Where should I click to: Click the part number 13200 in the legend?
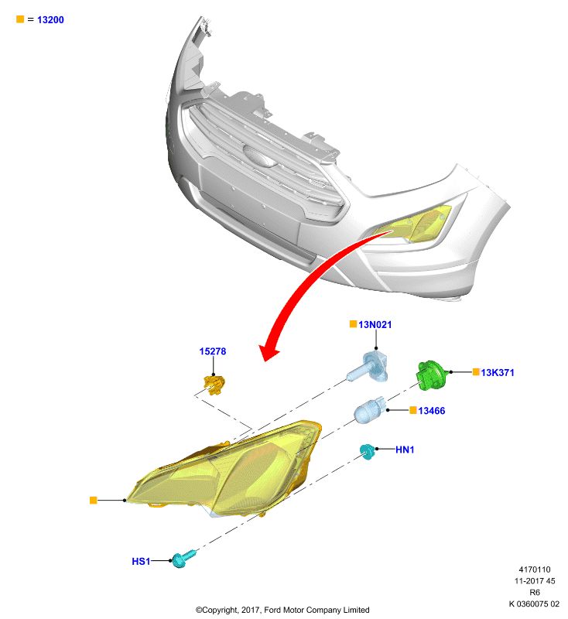click(50, 20)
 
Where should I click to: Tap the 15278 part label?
click(213, 351)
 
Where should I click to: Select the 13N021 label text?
click(375, 324)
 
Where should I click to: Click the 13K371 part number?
click(498, 372)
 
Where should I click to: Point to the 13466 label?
click(432, 411)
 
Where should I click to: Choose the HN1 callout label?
click(405, 450)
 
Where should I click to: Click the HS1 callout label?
click(141, 562)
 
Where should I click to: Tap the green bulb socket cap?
click(432, 375)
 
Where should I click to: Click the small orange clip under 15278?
click(214, 385)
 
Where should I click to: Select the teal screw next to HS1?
click(183, 559)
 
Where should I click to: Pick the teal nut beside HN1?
click(367, 451)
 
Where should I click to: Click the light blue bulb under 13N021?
click(368, 367)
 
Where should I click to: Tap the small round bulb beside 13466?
click(369, 410)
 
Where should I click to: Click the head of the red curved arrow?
click(269, 352)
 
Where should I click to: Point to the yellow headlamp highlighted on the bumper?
click(412, 224)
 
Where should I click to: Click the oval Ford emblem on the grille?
click(259, 156)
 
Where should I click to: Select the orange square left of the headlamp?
click(93, 500)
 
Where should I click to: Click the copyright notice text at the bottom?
click(282, 610)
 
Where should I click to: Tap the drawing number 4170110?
click(535, 569)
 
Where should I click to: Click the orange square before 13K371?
click(476, 372)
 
